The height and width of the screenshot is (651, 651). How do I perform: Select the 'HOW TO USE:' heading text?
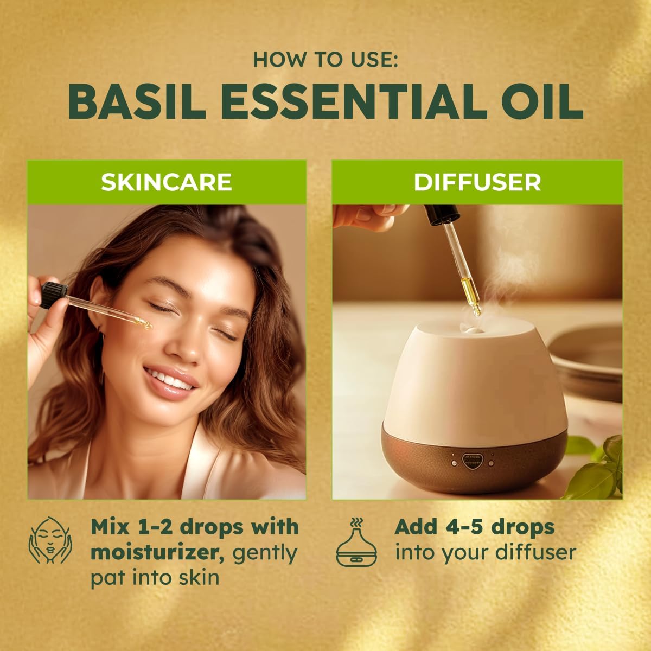325,59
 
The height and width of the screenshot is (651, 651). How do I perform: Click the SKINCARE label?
167,182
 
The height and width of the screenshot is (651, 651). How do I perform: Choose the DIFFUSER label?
477,182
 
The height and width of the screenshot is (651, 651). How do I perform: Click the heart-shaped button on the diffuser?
470,460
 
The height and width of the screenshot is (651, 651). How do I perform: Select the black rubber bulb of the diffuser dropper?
435,214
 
